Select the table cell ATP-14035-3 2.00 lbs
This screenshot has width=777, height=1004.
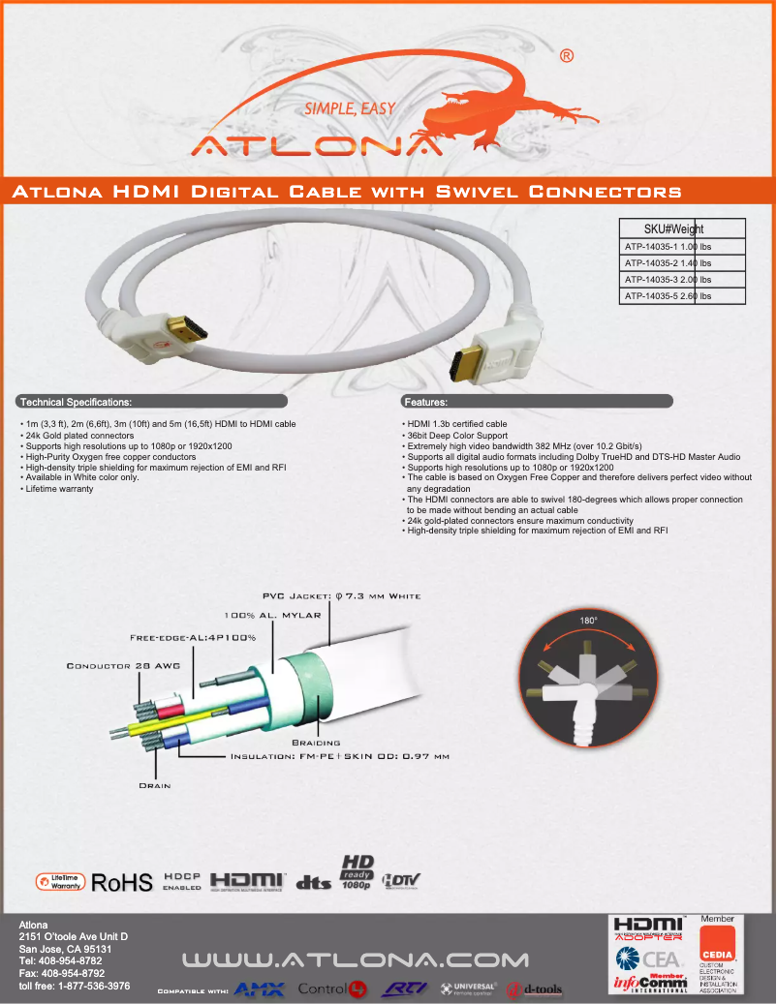[x=682, y=279]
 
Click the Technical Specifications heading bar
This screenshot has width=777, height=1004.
[x=152, y=401]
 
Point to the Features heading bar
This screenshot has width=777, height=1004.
[x=537, y=401]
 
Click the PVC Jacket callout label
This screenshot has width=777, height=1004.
[x=341, y=595]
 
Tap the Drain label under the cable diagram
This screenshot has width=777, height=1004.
[x=155, y=785]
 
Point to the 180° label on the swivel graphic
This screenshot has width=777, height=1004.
[x=588, y=620]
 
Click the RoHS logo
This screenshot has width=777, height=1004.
[x=121, y=882]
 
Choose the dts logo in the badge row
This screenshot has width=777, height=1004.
[x=313, y=882]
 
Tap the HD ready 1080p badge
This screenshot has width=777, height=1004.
[x=357, y=871]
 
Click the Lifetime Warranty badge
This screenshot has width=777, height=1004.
[x=60, y=881]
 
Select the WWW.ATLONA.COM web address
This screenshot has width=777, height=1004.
[x=357, y=960]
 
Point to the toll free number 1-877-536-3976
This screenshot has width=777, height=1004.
[x=75, y=986]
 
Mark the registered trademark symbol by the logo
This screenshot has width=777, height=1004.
[x=566, y=57]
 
